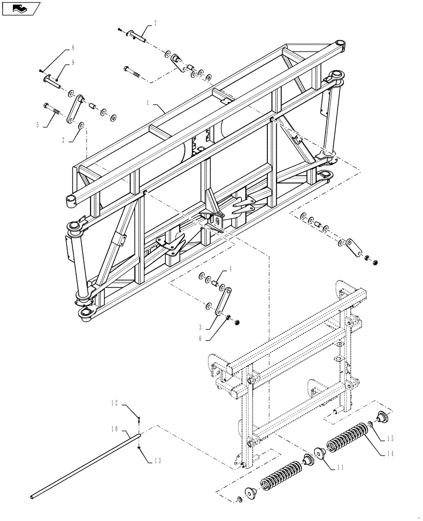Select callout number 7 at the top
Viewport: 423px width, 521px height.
pyautogui.click(x=155, y=23)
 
